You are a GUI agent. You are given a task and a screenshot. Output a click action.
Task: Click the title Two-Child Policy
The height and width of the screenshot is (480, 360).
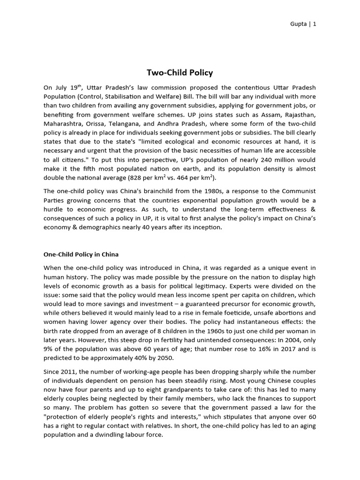(x=180, y=73)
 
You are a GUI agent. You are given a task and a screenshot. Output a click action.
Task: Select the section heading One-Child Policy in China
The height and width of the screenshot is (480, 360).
(x=81, y=254)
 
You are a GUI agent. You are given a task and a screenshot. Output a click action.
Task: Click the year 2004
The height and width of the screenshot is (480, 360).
(x=296, y=340)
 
